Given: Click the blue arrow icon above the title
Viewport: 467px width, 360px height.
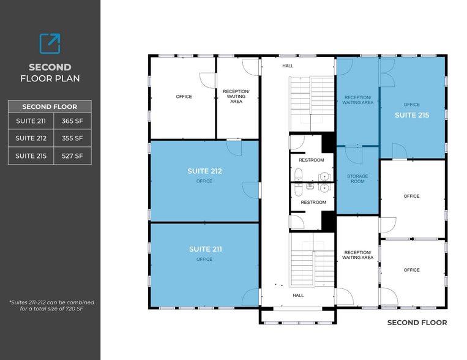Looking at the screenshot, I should [50, 43].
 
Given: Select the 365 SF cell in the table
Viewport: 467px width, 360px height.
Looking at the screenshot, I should [72, 121].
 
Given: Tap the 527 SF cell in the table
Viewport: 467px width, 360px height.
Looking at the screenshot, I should [72, 156].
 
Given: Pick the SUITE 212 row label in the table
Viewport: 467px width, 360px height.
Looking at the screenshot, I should [31, 138].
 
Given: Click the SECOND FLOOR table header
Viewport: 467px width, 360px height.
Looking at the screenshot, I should [50, 107].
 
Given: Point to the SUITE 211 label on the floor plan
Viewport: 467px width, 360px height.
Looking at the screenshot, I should [205, 249].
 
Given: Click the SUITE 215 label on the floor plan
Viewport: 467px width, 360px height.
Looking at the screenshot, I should [412, 114].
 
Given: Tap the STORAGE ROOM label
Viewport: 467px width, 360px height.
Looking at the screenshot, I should [357, 179].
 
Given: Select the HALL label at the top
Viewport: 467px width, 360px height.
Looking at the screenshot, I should [288, 66].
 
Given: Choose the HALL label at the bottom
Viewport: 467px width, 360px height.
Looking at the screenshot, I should [298, 295].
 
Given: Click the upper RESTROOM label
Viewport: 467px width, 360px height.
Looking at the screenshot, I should [312, 160].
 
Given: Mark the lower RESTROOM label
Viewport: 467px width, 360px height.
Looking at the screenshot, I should [313, 202].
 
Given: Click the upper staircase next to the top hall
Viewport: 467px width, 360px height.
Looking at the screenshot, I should [312, 102].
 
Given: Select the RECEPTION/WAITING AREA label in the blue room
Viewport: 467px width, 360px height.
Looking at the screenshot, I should [358, 100].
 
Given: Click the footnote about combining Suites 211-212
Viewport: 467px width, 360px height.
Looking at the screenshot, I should [51, 306].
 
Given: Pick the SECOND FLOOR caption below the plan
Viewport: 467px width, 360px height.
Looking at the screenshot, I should [417, 323].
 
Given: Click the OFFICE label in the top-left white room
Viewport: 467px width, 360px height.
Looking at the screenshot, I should [184, 97].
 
